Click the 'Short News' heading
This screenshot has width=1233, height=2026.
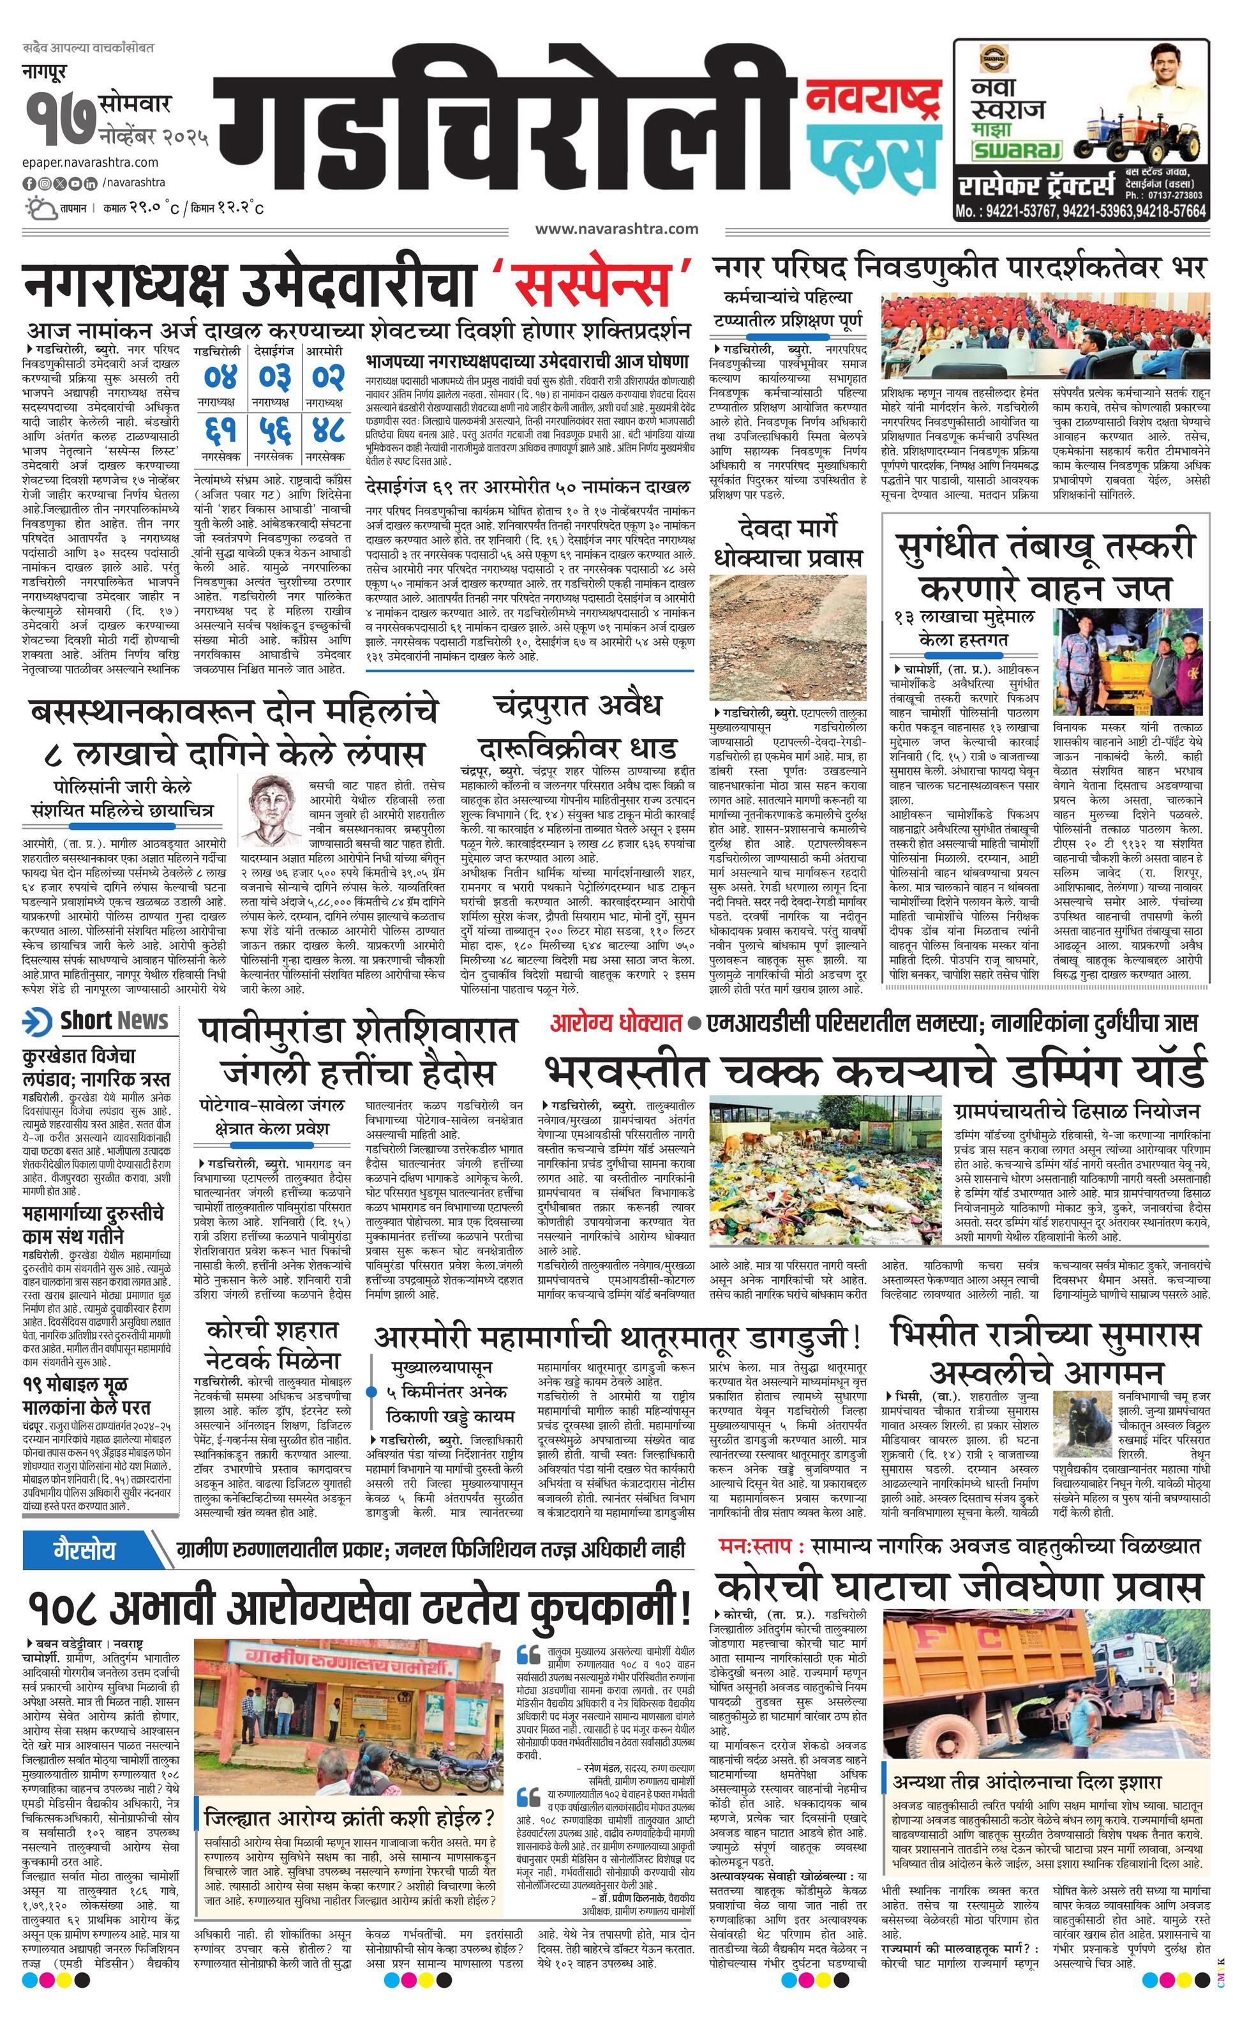coord(114,1020)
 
